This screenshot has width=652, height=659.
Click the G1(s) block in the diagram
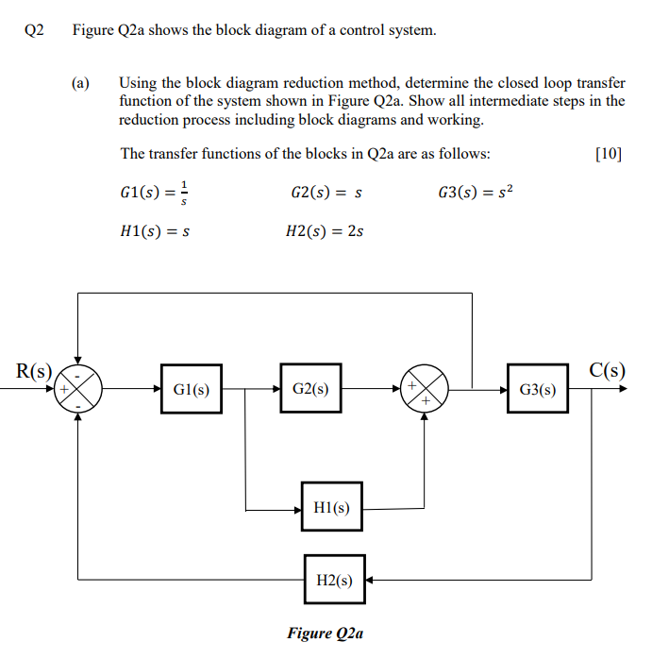point(192,389)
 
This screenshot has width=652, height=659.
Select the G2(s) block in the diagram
point(310,388)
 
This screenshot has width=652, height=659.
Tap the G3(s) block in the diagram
point(538,389)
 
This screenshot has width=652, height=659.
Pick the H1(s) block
point(331,508)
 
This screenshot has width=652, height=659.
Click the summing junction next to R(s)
point(77,387)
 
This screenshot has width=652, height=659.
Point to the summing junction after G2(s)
point(424,388)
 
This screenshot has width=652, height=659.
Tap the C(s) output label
point(607,369)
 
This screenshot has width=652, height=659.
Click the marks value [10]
point(610,154)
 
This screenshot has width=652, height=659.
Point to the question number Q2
point(35,30)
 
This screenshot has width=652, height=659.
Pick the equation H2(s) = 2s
point(324,231)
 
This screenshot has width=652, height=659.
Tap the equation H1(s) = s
point(157,231)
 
